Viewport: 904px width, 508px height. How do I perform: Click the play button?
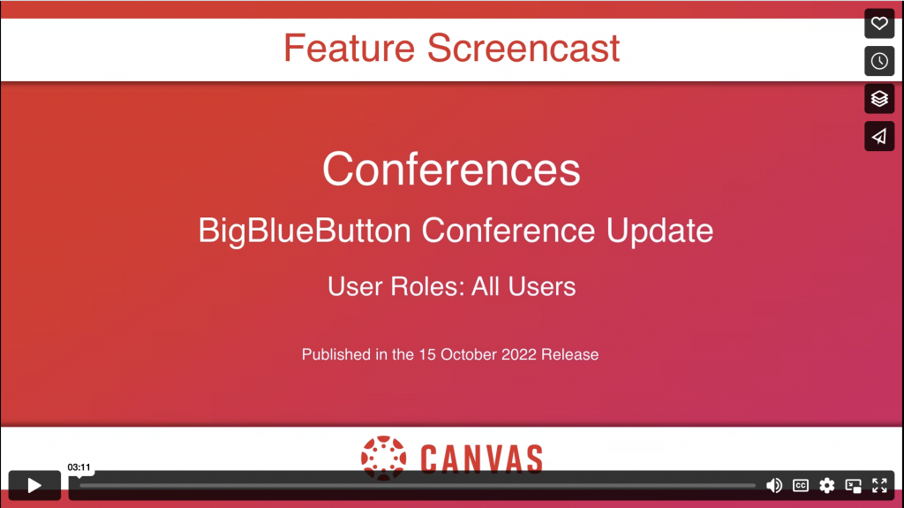(34, 486)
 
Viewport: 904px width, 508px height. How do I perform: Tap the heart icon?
(879, 24)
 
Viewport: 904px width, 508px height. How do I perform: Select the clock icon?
(879, 61)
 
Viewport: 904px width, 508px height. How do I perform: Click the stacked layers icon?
(879, 99)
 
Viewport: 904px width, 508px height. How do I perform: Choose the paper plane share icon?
(879, 136)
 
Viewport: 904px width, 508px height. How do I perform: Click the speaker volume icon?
(773, 486)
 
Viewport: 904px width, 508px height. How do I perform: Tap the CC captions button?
(800, 486)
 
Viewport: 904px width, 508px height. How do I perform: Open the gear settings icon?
(826, 486)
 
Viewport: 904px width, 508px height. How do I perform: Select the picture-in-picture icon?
(854, 486)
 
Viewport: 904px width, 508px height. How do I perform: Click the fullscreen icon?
(879, 486)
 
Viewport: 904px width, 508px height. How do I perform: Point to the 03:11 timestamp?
(79, 467)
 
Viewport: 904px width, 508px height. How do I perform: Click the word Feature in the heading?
(349, 48)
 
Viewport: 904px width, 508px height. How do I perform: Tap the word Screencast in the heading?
(524, 48)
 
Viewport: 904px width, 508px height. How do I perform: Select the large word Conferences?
(451, 169)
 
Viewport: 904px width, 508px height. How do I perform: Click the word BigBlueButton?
(305, 231)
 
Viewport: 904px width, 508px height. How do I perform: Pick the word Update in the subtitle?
(659, 231)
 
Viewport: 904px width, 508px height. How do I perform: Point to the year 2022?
(519, 354)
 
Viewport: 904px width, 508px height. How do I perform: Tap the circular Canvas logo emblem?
(383, 459)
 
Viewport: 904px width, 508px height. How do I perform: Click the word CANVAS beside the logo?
(481, 459)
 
